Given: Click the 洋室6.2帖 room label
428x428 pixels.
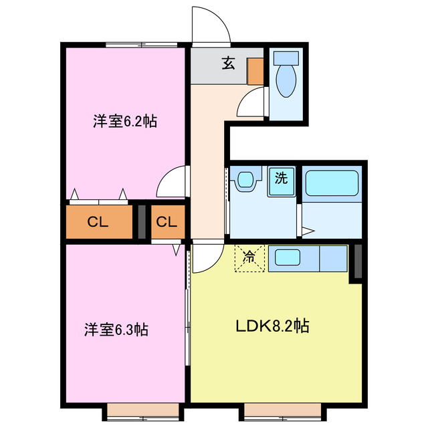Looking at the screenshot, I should [x=125, y=122].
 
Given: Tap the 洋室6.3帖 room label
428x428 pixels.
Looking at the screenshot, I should [x=116, y=330].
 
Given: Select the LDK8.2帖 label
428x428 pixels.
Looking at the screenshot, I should [x=272, y=327].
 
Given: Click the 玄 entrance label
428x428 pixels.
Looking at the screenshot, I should [x=228, y=64].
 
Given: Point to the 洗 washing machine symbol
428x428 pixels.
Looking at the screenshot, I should [x=281, y=179].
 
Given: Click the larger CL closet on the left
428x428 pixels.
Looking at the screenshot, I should [x=99, y=222].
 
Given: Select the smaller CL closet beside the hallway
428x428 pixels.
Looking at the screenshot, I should [x=167, y=222].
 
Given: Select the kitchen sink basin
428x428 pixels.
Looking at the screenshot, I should [x=290, y=257].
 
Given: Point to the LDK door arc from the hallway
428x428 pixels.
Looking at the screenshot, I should [x=207, y=255].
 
